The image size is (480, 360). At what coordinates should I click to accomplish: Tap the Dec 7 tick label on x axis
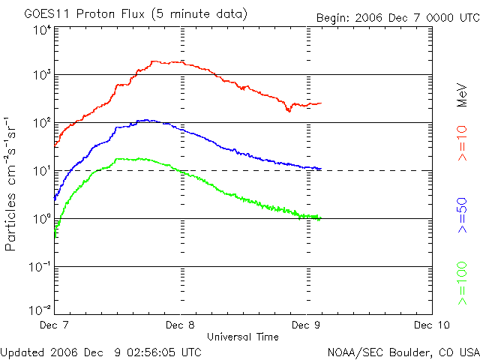click(54, 325)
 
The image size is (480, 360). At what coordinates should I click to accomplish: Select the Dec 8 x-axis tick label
click(180, 325)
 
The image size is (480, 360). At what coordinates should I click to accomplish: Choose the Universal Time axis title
click(243, 336)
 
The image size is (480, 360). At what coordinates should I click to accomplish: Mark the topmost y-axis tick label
click(42, 30)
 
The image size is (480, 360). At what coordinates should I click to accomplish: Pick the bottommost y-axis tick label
click(42, 310)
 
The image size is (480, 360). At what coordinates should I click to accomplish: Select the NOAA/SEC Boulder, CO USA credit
click(403, 351)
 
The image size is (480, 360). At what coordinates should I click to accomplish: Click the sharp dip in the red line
click(289, 111)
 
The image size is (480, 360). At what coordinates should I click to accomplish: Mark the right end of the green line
click(321, 219)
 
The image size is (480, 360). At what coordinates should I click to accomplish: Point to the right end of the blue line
click(321, 169)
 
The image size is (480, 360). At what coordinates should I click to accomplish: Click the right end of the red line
click(321, 103)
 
